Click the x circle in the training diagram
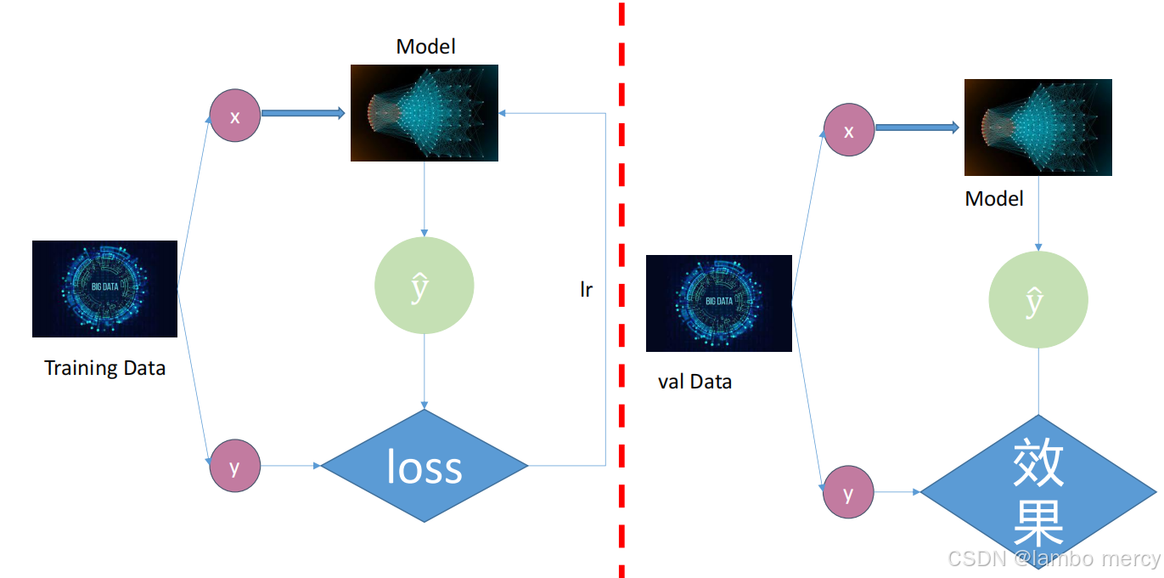pyautogui.click(x=235, y=116)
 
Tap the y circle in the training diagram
pyautogui.click(x=235, y=465)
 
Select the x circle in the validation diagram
pyautogui.click(x=849, y=131)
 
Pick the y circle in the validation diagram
pyautogui.click(x=849, y=491)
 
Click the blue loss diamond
pyautogui.click(x=425, y=466)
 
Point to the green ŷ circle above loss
pyautogui.click(x=424, y=286)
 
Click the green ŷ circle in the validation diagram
pyautogui.click(x=1038, y=300)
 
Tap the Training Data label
pyautogui.click(x=104, y=368)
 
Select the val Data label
pyautogui.click(x=694, y=382)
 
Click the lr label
pyautogui.click(x=586, y=290)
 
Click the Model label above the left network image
pyautogui.click(x=425, y=47)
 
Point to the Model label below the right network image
pyautogui.click(x=994, y=199)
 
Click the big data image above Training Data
pyautogui.click(x=104, y=289)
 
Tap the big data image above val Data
pyautogui.click(x=718, y=303)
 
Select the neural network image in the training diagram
pyautogui.click(x=425, y=113)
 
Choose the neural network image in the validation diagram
pyautogui.click(x=1037, y=127)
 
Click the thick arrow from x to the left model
pyautogui.click(x=303, y=112)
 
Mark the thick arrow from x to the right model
pyautogui.click(x=917, y=127)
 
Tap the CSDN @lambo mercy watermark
pyautogui.click(x=1054, y=558)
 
